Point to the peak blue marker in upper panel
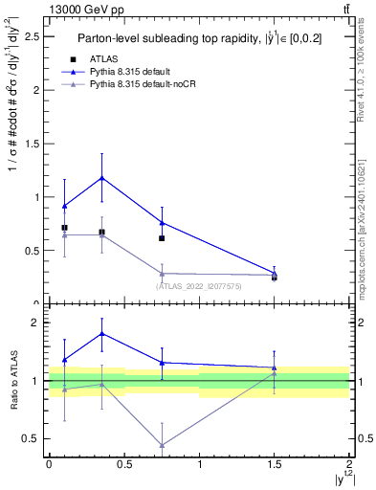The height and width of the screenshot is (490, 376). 101,178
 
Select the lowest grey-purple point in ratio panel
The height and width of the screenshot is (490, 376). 162,445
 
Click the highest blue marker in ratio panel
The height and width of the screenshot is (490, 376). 101,333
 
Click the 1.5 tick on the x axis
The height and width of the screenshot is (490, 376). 275,462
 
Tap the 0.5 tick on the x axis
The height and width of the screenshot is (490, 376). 124,462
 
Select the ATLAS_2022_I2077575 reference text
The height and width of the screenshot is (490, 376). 199,285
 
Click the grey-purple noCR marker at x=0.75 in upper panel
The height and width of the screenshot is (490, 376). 162,273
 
